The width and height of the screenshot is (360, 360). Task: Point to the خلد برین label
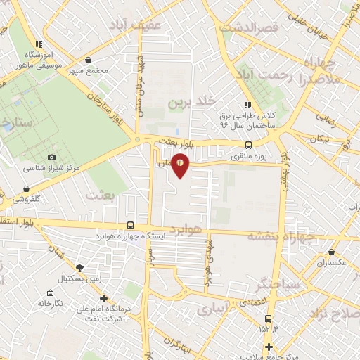tap(188, 103)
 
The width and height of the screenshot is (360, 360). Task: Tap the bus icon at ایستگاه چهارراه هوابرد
tap(129, 225)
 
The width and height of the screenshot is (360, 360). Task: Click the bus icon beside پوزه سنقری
tap(240, 148)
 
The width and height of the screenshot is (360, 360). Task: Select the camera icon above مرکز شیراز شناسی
tap(51, 157)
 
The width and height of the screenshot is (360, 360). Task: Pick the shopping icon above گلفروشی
tap(27, 188)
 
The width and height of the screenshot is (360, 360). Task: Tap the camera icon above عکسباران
tap(332, 251)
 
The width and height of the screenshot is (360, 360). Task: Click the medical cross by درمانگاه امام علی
tap(104, 298)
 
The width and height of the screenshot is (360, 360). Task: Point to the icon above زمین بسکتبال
tap(79, 268)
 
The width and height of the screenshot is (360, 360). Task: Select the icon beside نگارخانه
tap(50, 292)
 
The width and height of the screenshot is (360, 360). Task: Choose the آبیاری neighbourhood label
tap(212, 309)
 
